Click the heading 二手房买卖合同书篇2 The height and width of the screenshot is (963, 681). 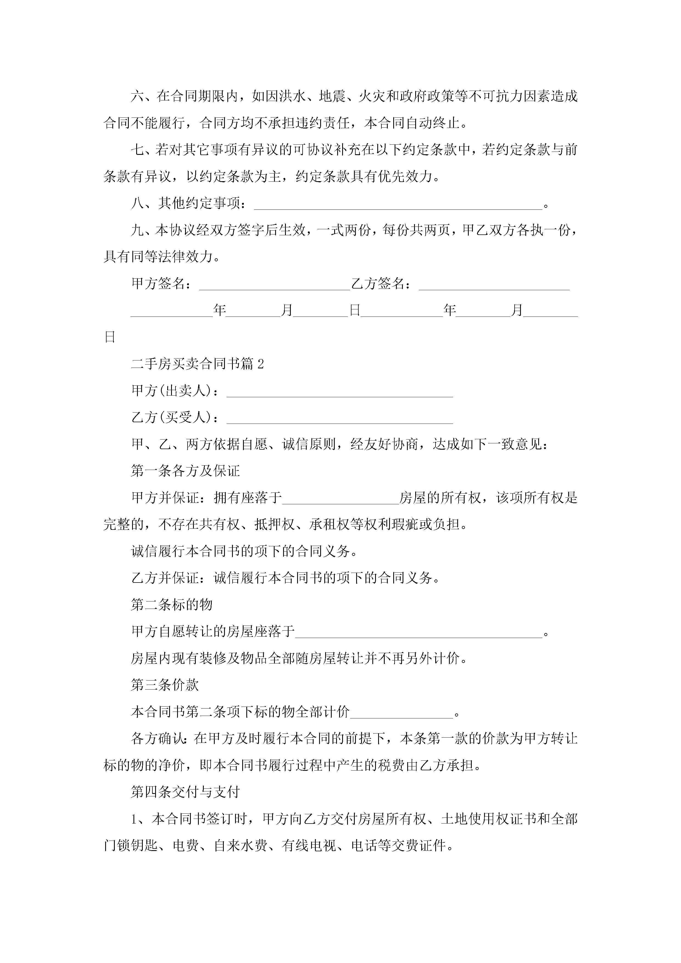197,364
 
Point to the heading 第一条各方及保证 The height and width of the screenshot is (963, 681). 185,471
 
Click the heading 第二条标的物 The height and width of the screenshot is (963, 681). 172,605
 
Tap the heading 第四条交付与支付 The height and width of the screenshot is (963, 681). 185,792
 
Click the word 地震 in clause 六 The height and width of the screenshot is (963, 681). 332,96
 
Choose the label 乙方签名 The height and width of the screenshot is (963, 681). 378,284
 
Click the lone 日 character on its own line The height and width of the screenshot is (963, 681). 110,337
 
